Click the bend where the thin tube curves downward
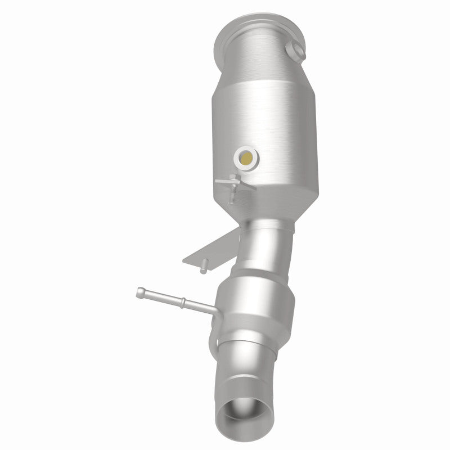coord(213,312)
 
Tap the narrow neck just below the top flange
coord(256,62)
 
